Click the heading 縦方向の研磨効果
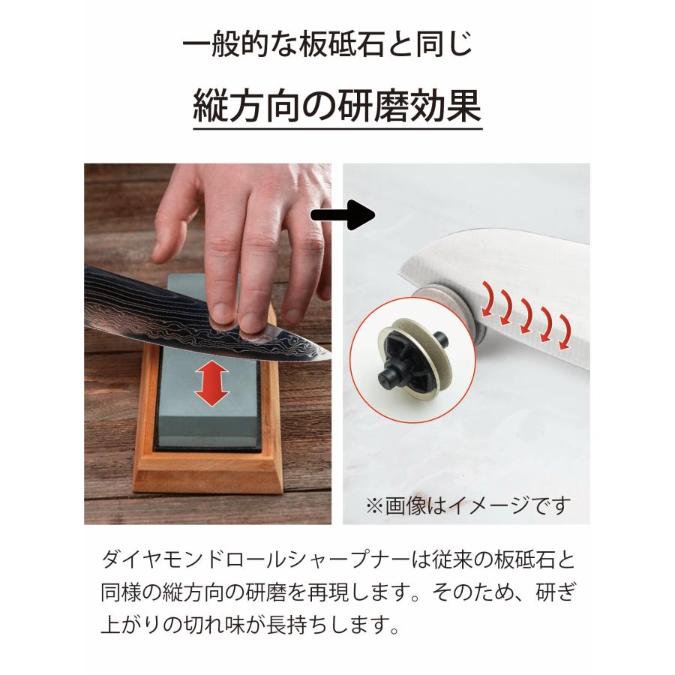337,107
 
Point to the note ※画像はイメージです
468,504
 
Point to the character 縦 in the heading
211,106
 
